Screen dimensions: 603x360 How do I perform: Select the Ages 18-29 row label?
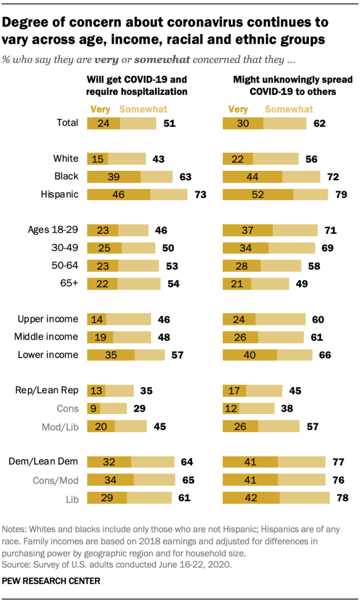pyautogui.click(x=53, y=230)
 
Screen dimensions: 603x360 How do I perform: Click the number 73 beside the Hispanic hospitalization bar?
pyautogui.click(x=201, y=195)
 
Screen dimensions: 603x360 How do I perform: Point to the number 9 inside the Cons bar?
pyautogui.click(x=94, y=408)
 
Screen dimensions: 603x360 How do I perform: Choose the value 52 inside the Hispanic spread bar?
pyautogui.click(x=257, y=195)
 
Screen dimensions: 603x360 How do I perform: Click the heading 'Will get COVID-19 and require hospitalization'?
pyautogui.click(x=137, y=85)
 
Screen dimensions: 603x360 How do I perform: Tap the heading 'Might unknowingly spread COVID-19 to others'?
pyautogui.click(x=285, y=85)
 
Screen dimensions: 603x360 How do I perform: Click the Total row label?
pyautogui.click(x=67, y=123)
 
